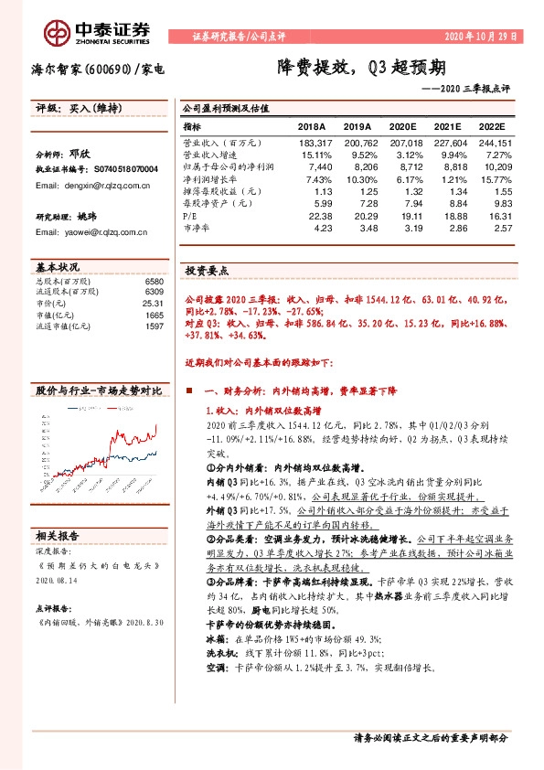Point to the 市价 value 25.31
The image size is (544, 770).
tap(153, 303)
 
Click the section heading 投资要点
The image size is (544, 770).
tap(207, 272)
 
